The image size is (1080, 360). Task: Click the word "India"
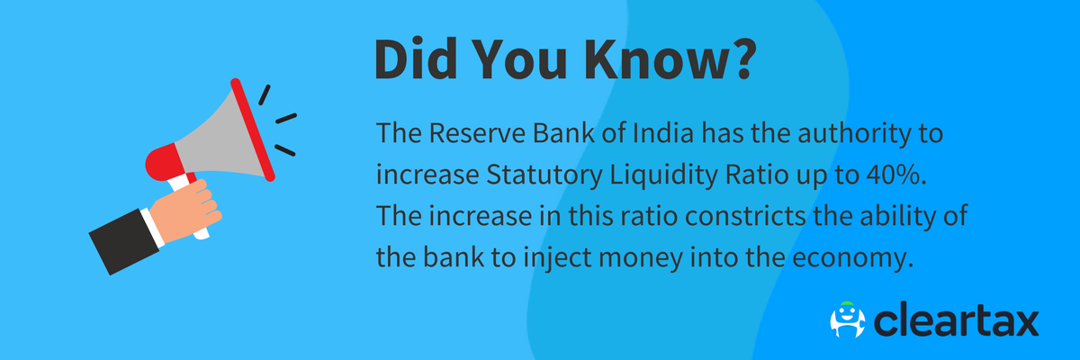tap(662, 137)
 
